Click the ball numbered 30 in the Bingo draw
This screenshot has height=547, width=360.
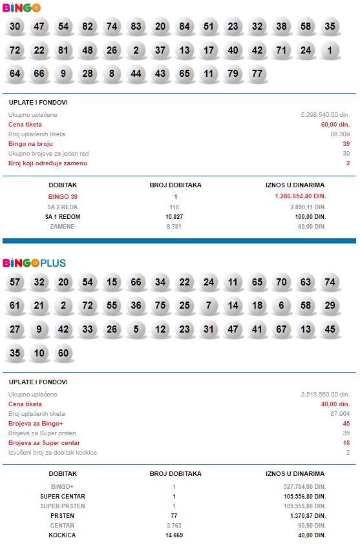tap(16, 27)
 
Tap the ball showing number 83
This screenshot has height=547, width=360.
tap(136, 27)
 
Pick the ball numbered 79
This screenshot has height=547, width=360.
tap(233, 73)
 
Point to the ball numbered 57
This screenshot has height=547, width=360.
tap(16, 282)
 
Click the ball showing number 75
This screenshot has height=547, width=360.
tap(160, 306)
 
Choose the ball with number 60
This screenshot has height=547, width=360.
tap(63, 353)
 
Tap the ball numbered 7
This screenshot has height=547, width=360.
tap(209, 306)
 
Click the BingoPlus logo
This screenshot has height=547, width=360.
tap(34, 263)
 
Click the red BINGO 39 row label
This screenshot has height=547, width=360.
tap(63, 196)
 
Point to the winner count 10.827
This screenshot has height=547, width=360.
tap(175, 216)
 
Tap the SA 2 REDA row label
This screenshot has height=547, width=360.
tap(63, 207)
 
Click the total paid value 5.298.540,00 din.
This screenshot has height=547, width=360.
tap(325, 114)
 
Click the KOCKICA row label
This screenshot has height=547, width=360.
tap(63, 535)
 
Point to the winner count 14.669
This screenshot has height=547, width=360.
tap(174, 535)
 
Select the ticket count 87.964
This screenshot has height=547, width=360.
tap(339, 413)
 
